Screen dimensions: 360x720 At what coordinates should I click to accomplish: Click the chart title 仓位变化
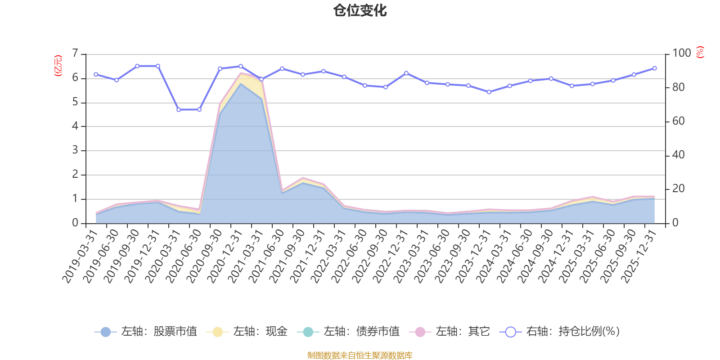tap(360, 11)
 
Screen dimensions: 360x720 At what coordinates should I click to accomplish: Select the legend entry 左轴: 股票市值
tap(146, 332)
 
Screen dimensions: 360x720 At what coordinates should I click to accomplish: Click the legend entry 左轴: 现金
tap(247, 332)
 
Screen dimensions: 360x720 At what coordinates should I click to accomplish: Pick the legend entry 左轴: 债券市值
tap(349, 332)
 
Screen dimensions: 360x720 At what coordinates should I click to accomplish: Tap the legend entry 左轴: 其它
tap(450, 332)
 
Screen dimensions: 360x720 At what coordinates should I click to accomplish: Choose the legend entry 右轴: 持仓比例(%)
tap(560, 332)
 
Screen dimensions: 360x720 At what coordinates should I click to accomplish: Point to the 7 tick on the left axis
tap(75, 54)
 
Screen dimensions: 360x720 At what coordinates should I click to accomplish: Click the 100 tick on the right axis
tap(681, 53)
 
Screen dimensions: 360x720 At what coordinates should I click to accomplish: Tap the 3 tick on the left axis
tap(75, 150)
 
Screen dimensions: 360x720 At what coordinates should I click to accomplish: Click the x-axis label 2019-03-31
tap(80, 256)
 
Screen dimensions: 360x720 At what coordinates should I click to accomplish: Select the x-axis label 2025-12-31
tap(639, 256)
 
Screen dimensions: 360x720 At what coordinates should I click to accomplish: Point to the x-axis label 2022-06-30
tap(349, 256)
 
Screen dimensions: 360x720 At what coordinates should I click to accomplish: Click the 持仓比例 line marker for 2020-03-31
tap(179, 110)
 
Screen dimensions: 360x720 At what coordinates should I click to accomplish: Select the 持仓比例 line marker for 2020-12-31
tap(241, 66)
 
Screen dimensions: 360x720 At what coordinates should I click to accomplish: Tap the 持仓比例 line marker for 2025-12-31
tap(654, 68)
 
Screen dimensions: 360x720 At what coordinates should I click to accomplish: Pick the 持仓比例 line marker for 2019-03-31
tap(96, 74)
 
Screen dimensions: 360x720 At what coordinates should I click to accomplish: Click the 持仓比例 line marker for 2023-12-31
tap(489, 92)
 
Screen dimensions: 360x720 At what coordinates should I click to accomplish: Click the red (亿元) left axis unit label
tap(58, 66)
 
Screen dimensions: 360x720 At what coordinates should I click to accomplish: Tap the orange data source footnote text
tap(360, 355)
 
